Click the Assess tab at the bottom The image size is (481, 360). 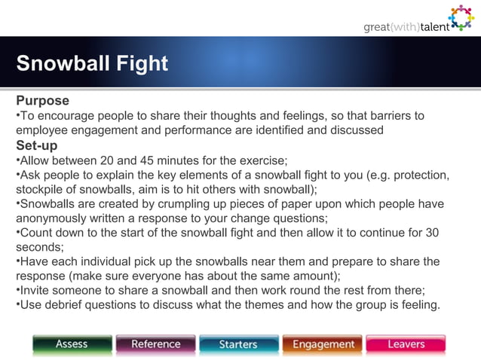tap(72, 344)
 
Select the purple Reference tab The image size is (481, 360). tap(156, 344)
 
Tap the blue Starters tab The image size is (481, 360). tap(239, 344)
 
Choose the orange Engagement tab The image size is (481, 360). tap(323, 344)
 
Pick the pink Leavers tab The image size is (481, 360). tap(406, 344)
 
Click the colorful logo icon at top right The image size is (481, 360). tap(461, 18)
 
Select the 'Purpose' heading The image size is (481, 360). tap(43, 101)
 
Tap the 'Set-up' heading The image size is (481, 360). tap(37, 145)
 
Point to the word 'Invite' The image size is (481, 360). tap(35, 291)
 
